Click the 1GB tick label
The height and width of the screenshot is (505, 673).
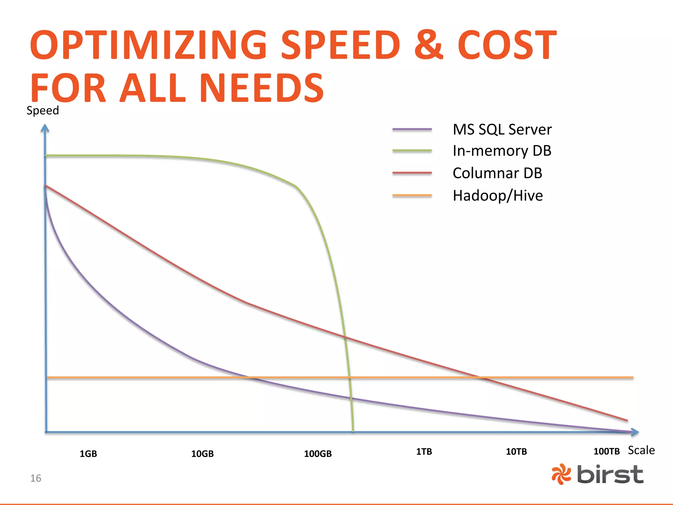88,454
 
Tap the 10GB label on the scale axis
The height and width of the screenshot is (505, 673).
202,454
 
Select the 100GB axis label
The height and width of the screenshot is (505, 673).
318,454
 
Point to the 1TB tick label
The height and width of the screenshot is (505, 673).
424,451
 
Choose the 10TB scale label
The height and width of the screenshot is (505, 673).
516,451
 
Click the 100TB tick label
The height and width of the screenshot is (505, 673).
607,451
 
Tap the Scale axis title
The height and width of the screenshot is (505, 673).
641,450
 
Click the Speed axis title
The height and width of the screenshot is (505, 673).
43,110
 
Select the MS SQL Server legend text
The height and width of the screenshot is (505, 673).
502,130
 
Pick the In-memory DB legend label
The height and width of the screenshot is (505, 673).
502,151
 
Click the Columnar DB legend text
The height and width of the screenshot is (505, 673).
497,173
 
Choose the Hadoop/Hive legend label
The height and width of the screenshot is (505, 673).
498,196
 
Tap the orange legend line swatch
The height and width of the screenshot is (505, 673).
412,196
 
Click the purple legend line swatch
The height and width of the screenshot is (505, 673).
412,130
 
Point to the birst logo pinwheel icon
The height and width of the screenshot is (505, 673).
561,474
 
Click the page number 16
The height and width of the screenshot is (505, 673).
35,478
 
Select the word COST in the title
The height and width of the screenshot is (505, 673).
507,45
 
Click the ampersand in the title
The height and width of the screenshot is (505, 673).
429,45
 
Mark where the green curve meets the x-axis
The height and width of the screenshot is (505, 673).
353,431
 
